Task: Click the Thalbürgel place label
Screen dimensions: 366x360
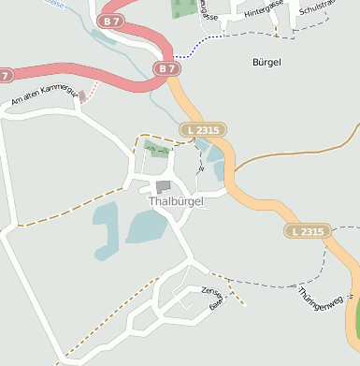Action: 168,201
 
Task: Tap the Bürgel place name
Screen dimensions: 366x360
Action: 266,62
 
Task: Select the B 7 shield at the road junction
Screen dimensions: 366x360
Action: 166,68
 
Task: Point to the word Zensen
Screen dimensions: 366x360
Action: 211,291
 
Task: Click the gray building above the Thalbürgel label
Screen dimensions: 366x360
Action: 164,187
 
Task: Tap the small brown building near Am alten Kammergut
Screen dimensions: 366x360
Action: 82,95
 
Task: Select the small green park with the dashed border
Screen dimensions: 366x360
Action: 158,149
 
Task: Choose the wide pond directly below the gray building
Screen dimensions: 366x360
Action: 145,227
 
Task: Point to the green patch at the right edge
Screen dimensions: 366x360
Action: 353,318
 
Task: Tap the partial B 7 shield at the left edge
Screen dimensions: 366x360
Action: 6,75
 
